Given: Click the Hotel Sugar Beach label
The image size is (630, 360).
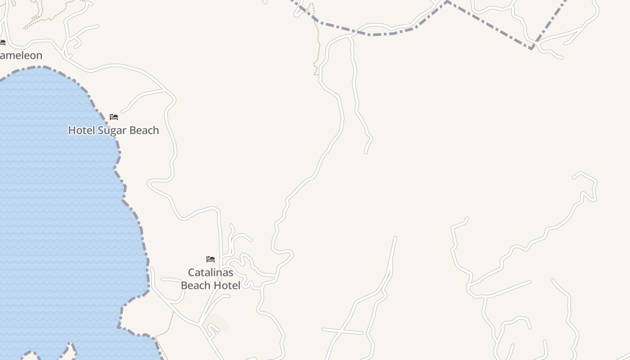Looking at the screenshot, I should coord(113,130).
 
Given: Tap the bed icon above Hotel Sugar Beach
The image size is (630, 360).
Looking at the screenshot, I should coord(114,117).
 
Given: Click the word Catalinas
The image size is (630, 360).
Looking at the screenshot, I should coord(211,273).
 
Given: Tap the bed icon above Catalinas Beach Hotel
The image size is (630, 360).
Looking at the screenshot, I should coord(211,259).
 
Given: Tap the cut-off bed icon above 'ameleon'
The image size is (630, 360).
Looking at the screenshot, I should coord(2,43).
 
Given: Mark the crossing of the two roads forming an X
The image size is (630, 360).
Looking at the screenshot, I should coord(342,332).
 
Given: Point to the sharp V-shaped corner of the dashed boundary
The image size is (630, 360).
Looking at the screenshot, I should coord(532,48).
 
